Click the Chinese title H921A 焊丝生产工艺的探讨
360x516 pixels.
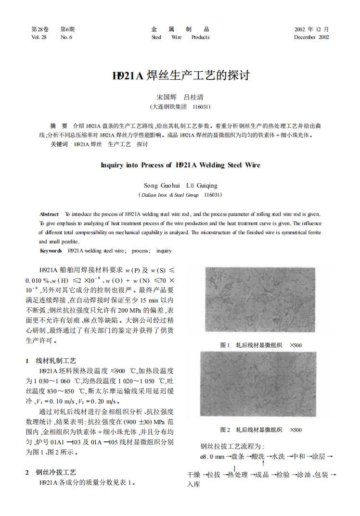tap(180, 76)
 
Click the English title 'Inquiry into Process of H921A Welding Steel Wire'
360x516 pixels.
tap(180, 165)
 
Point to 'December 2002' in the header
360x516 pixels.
tap(311, 37)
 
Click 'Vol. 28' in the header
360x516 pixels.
tap(39, 37)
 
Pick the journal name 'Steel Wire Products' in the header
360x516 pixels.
tap(180, 37)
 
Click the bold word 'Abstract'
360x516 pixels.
tap(49, 214)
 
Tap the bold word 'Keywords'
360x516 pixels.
tap(51, 251)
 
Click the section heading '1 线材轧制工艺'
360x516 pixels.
tap(51, 361)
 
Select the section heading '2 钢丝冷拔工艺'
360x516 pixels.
tap(51, 472)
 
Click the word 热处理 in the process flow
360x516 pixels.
tap(237, 475)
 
